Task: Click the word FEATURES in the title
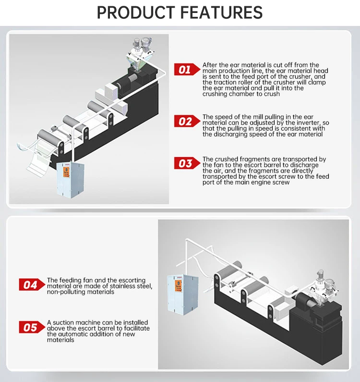click(221, 12)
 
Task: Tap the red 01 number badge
click(187, 69)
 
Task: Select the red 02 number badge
click(187, 121)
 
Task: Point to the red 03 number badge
click(187, 163)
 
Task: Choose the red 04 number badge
click(32, 284)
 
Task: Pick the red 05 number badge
click(32, 327)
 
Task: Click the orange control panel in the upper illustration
click(66, 172)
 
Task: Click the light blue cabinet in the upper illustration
click(71, 179)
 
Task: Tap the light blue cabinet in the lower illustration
click(182, 295)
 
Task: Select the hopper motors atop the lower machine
click(325, 280)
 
